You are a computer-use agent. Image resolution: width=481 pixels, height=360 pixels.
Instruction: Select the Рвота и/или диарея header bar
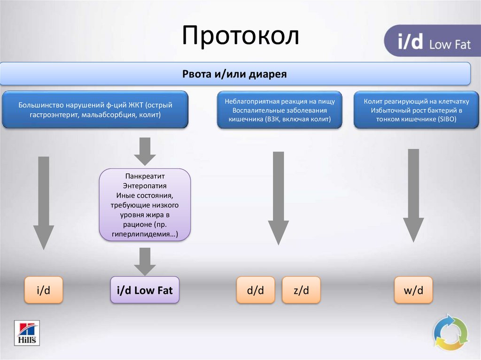[x=234, y=74]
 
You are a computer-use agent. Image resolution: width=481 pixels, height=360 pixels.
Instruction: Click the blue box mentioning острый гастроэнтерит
[x=95, y=110]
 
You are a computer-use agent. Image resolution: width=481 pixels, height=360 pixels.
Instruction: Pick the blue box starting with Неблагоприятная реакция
[x=279, y=110]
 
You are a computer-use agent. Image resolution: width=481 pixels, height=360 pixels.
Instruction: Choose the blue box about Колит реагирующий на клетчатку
[x=417, y=110]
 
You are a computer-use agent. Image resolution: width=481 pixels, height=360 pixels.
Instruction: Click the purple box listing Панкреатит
[x=145, y=205]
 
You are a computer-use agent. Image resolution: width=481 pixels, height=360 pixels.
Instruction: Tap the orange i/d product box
[x=43, y=290]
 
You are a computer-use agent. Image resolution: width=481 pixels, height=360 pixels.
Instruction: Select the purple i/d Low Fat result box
[x=145, y=290]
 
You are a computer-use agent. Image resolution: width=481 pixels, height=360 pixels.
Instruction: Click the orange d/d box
[x=255, y=290]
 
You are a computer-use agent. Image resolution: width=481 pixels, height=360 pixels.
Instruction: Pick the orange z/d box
[x=301, y=290]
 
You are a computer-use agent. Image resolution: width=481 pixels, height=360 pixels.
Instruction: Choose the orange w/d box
[x=413, y=290]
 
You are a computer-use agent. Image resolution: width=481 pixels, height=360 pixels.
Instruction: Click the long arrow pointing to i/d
[x=43, y=202]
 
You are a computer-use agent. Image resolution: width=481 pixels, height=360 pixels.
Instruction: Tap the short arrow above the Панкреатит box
[x=145, y=150]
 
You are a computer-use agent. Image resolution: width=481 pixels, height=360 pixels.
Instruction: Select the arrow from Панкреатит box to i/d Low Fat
[x=145, y=260]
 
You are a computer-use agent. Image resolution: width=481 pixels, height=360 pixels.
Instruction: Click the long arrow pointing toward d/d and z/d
[x=278, y=197]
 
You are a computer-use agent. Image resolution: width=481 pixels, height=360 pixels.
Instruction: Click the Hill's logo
[x=27, y=333]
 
